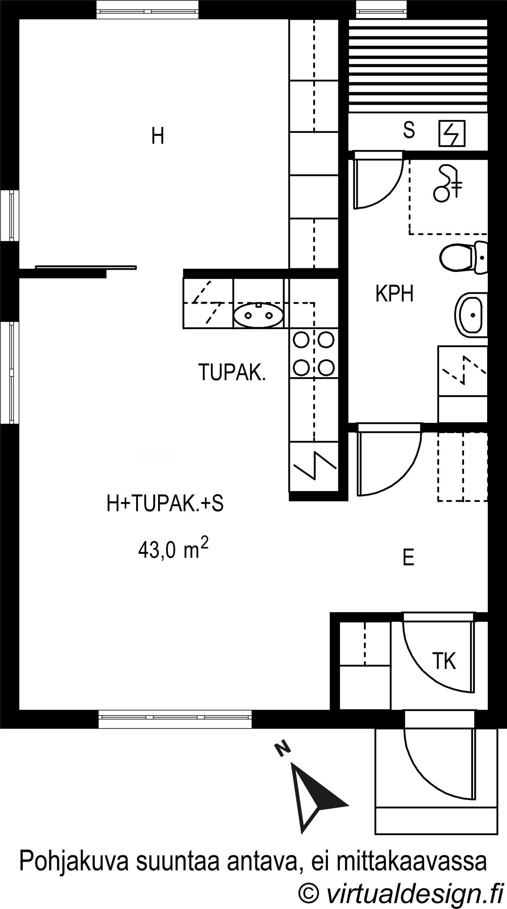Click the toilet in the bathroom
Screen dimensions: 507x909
coord(464,257)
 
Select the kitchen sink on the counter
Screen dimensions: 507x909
coord(258,315)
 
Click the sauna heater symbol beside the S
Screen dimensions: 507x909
coord(452,133)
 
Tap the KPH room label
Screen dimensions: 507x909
coord(394,294)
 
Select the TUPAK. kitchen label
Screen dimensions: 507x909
coord(232,372)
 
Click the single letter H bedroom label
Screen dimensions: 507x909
coord(158,136)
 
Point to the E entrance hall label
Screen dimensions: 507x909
coord(408,558)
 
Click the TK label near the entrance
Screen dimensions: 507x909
coord(444,661)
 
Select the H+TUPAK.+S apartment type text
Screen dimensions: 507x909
coord(165,503)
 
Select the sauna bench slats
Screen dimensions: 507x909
coord(418,66)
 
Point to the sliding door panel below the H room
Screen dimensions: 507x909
coord(86,267)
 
